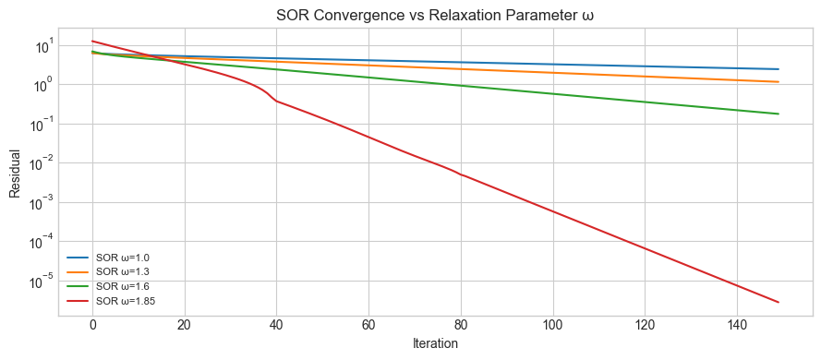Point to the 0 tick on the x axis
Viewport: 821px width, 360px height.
tap(92, 325)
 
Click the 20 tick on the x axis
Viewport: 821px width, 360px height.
tap(185, 325)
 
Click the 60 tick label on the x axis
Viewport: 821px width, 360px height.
tap(368, 325)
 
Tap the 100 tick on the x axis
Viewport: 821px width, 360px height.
tap(552, 325)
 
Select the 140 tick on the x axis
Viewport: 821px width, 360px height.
tap(736, 325)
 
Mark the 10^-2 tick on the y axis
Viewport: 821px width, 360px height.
tap(42, 163)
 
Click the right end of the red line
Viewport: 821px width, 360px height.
tap(779, 302)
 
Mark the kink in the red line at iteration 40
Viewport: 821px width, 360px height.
tap(276, 101)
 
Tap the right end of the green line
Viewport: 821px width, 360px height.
tap(779, 114)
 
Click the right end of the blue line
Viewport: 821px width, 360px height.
tap(779, 69)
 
